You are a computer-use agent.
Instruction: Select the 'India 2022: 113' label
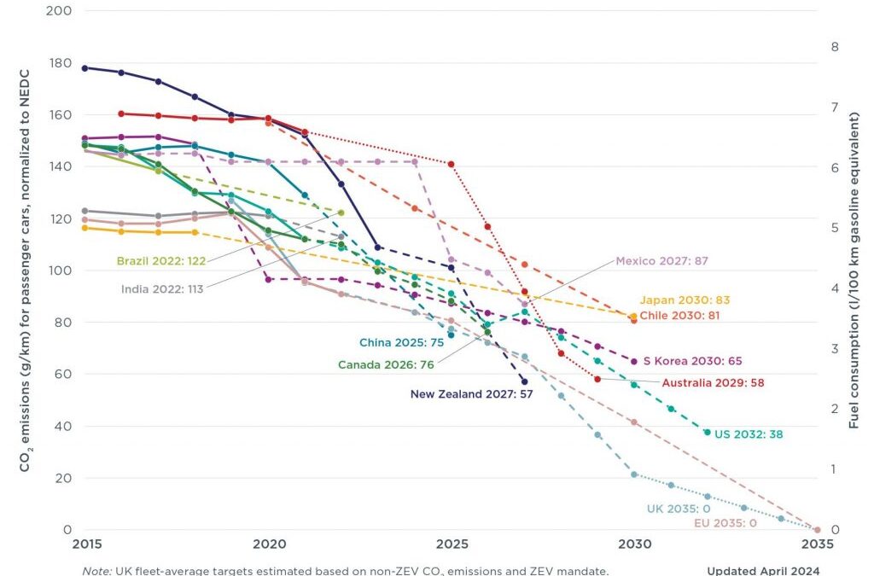coord(162,289)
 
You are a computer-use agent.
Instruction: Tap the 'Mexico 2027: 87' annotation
coord(661,261)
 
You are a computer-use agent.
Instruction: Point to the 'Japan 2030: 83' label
coord(685,300)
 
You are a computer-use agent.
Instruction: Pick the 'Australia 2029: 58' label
coord(713,383)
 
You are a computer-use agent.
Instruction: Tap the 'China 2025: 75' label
coord(400,344)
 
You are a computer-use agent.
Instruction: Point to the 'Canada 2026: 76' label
coord(386,365)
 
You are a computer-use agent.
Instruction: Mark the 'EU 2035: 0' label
coord(726,523)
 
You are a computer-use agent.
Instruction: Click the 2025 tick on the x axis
coord(452,544)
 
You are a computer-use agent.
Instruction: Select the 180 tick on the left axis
coord(60,63)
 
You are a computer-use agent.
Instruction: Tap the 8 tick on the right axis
coord(835,48)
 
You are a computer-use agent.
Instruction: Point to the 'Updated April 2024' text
coord(763,570)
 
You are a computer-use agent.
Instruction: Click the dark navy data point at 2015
coord(84,68)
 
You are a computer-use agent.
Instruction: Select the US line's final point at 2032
coord(707,433)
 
